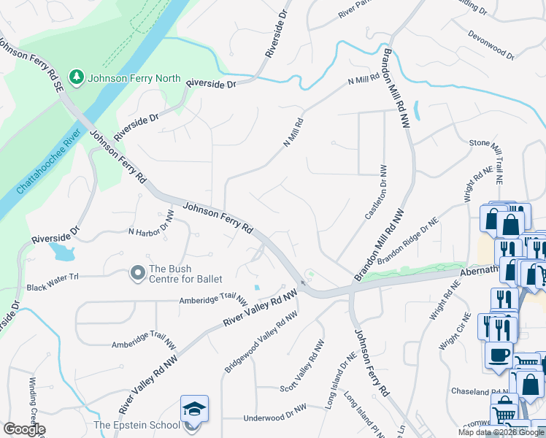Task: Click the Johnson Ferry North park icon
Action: coord(76,77)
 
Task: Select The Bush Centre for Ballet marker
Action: coord(136,273)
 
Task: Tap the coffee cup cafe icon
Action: coord(499,355)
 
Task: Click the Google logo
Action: coord(23,429)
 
